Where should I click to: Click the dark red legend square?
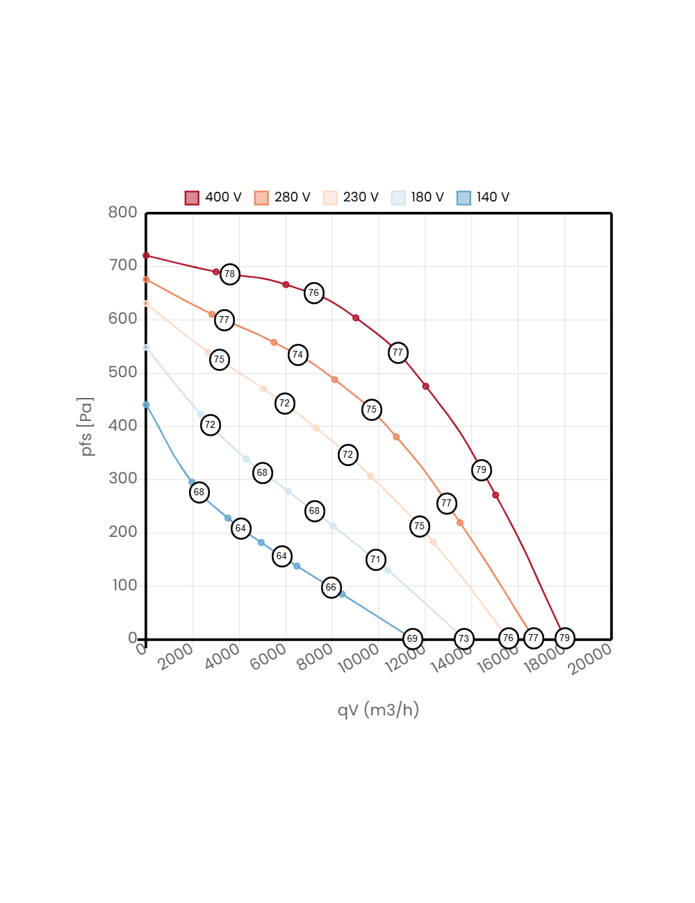192,198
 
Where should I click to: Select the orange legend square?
261,198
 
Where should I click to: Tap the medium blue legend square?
464,198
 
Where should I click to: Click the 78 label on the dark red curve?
229,274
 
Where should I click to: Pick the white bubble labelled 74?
297,354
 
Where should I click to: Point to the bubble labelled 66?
331,587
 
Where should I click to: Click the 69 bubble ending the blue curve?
412,638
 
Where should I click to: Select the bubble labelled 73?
464,638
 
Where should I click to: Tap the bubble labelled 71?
375,559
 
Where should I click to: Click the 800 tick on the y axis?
122,212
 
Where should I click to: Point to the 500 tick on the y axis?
122,372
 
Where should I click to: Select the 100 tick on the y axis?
124,585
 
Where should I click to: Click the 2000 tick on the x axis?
175,657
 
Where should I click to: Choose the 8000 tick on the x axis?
314,657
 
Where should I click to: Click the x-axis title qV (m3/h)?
378,709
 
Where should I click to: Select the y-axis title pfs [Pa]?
87,426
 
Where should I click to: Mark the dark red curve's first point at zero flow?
146,256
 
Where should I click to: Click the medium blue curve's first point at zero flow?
146,404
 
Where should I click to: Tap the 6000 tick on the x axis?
268,657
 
